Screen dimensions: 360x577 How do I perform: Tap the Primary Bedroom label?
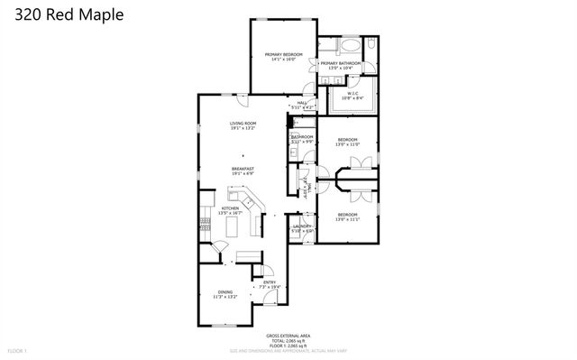pos(281,55)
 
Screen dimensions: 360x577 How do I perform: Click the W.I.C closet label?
pos(353,94)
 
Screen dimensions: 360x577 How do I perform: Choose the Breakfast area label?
pos(243,169)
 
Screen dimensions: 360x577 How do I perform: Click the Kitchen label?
pos(230,208)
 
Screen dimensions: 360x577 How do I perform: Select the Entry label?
pos(270,282)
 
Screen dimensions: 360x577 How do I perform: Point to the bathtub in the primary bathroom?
pos(350,45)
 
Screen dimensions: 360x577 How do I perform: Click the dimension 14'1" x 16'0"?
pos(281,60)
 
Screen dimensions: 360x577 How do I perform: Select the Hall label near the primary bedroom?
pos(303,102)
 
